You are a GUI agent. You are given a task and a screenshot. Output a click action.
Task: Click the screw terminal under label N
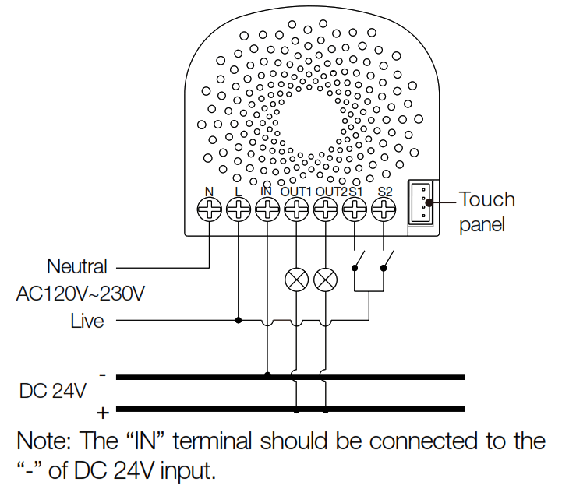pos(210,208)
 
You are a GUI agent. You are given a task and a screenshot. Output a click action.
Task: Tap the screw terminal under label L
pos(239,208)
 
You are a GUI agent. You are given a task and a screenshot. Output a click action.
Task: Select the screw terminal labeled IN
pos(267,208)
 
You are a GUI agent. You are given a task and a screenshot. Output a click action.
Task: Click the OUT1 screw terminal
pos(296,208)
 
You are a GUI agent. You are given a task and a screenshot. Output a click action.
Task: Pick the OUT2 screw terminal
pos(326,208)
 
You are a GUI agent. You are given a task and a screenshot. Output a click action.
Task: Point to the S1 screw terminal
pos(355,208)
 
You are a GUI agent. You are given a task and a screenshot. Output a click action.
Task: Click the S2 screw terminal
pos(384,208)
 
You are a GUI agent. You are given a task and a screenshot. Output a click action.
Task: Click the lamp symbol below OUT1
pos(296,280)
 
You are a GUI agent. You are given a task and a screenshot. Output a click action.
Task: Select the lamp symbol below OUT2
pos(326,280)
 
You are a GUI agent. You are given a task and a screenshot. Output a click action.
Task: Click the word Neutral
pos(76,266)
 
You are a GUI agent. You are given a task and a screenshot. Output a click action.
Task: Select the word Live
pos(87,320)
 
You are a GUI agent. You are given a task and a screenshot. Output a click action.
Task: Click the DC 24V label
pos(52,391)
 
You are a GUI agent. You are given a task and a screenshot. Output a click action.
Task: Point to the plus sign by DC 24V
pos(101,411)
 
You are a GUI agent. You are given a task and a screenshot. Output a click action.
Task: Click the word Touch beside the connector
pos(487,199)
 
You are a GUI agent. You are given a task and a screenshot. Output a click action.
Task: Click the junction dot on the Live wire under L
pos(239,319)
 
